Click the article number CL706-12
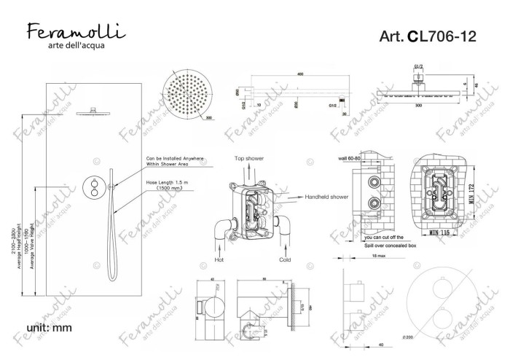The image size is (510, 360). point(431,38)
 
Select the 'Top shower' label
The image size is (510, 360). point(248,158)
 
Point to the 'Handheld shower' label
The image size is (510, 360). point(328,197)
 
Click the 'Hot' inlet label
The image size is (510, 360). point(219,259)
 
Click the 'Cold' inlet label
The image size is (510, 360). point(286,259)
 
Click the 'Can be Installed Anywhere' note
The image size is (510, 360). point(175,157)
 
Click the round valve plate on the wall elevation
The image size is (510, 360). point(95,187)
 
